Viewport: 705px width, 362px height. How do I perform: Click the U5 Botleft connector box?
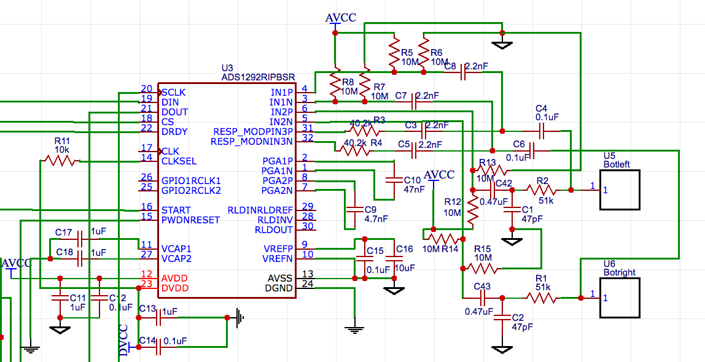coord(620,190)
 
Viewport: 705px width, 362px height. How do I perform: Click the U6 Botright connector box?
coord(620,298)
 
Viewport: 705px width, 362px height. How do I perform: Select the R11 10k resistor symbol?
coord(60,161)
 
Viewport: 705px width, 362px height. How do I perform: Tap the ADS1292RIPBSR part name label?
coord(258,77)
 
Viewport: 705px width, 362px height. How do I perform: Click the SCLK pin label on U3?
coord(174,92)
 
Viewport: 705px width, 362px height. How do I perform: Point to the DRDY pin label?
coord(174,131)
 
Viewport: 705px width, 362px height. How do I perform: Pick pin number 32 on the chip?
coord(307,138)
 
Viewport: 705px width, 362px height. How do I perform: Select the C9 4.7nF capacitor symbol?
coord(354,209)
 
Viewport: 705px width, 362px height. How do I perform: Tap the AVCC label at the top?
coord(340,17)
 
